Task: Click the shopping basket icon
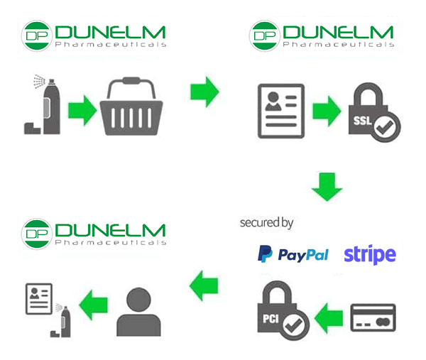[x=133, y=108]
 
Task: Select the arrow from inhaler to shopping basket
[x=82, y=111]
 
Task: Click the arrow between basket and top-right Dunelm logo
[x=204, y=92]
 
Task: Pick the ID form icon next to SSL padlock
[x=281, y=111]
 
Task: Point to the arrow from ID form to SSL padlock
[x=327, y=111]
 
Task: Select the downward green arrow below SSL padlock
[x=327, y=186]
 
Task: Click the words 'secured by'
[x=266, y=223]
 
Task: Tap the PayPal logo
[x=293, y=254]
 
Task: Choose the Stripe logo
[x=369, y=254]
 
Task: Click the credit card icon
[x=373, y=318]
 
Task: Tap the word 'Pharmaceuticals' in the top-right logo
[x=338, y=44]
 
